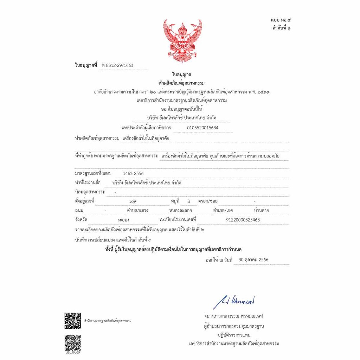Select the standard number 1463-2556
click(x=133, y=173)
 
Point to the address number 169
click(x=133, y=201)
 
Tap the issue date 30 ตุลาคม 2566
click(x=253, y=260)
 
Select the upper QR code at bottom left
click(x=72, y=321)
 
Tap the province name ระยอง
click(x=123, y=220)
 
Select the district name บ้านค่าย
click(x=261, y=211)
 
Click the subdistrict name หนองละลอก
click(x=180, y=211)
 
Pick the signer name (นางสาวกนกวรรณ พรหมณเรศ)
click(x=234, y=316)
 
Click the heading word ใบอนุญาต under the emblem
click(x=182, y=74)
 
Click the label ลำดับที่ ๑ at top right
click(x=281, y=28)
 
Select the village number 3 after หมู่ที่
click(x=189, y=201)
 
